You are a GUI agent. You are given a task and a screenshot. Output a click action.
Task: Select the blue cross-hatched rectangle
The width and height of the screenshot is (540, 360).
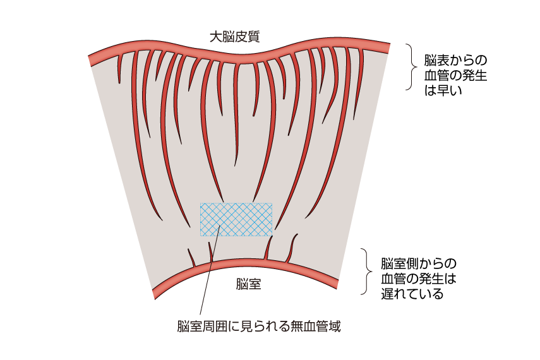[237, 219]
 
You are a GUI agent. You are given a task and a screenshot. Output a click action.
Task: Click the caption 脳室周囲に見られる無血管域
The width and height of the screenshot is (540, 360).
[259, 327]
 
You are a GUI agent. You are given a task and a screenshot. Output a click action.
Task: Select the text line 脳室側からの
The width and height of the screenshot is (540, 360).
[418, 263]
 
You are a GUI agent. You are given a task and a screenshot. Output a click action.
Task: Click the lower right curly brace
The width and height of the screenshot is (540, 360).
[366, 272]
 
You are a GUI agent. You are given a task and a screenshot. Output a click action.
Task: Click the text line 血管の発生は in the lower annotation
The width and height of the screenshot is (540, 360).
[418, 279]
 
